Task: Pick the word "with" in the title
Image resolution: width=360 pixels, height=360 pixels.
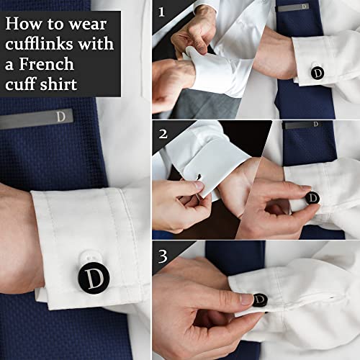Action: (97, 44)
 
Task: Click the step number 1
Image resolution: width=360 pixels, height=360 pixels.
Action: (161, 12)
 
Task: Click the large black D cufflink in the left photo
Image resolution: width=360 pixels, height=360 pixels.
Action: (94, 278)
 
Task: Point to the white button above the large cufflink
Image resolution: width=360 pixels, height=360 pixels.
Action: (89, 257)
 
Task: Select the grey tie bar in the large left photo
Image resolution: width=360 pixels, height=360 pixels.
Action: (37, 118)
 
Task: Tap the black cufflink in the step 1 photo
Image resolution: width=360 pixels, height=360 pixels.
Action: (317, 73)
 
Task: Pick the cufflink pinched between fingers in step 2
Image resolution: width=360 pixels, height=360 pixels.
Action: (312, 197)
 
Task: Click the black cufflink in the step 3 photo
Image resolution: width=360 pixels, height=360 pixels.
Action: (260, 300)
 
